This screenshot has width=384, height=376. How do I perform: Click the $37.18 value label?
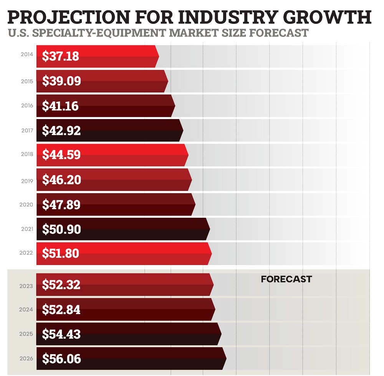click(x=61, y=56)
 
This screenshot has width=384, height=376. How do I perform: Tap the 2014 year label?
click(x=27, y=55)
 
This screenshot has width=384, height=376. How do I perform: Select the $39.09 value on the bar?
click(x=61, y=81)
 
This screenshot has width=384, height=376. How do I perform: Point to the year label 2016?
click(x=27, y=106)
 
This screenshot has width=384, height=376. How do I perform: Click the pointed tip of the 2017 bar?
click(x=182, y=131)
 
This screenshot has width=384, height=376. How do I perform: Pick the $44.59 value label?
click(x=61, y=155)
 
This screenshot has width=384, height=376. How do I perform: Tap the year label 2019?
click(x=27, y=180)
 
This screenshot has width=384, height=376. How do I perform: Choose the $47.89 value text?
click(x=61, y=205)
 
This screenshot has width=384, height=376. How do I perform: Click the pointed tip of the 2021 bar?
click(x=209, y=229)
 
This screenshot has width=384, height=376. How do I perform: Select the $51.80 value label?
click(x=61, y=254)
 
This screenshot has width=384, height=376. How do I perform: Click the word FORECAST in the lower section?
click(x=286, y=279)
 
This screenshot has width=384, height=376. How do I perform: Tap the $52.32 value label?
click(x=61, y=285)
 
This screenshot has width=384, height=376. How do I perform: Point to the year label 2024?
click(x=26, y=310)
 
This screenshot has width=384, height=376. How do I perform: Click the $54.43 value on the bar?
click(x=61, y=334)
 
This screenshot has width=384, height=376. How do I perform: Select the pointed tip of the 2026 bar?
click(x=226, y=359)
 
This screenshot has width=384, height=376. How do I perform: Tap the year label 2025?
click(x=26, y=334)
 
